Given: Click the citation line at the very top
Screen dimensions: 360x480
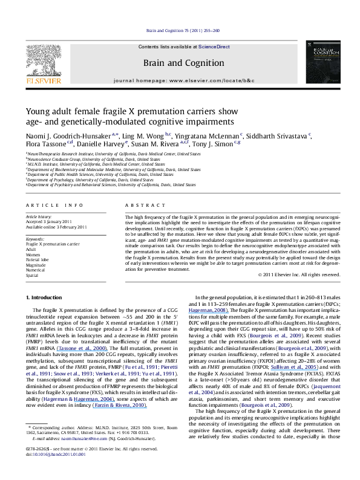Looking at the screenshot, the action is [x=180, y=30].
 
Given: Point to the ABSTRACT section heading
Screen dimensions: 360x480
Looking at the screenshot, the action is [x=139, y=206].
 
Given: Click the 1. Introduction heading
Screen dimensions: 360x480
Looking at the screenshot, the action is [x=46, y=298].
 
